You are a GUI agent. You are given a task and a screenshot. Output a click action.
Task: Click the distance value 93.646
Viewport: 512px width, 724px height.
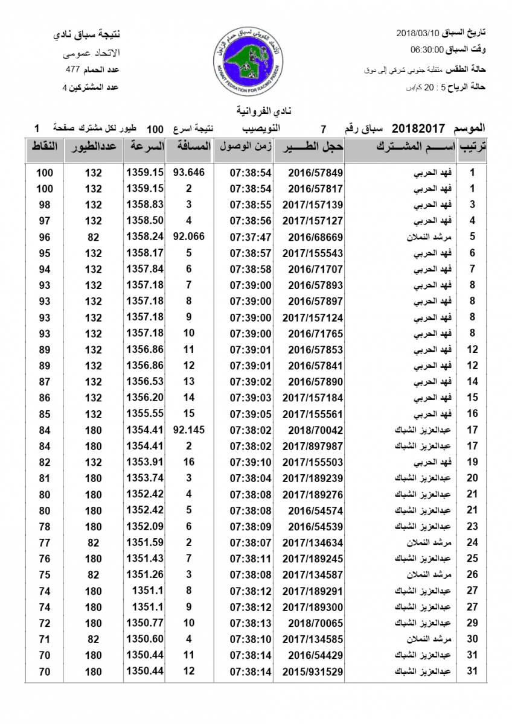[189, 173]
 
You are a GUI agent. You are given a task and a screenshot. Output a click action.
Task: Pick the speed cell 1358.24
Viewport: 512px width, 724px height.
[145, 237]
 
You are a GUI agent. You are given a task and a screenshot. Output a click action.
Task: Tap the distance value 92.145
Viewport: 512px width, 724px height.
[189, 430]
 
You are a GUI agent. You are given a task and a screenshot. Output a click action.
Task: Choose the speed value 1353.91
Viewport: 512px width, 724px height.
[145, 462]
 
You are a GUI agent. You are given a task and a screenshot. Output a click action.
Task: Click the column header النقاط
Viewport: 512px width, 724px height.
[45, 147]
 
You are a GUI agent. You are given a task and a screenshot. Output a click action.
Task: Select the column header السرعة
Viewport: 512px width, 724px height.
[145, 147]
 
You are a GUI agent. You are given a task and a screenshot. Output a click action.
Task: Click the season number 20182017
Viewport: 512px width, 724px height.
[418, 129]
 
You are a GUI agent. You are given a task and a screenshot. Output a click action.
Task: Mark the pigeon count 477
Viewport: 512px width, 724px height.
[74, 69]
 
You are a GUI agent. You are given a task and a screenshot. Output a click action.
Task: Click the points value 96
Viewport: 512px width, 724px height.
[45, 237]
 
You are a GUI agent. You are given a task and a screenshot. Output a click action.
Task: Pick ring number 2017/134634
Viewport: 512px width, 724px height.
[312, 542]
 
